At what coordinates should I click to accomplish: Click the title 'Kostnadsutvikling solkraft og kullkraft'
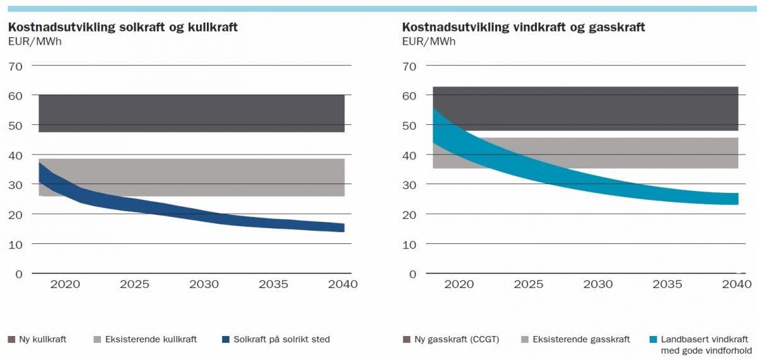click(122, 27)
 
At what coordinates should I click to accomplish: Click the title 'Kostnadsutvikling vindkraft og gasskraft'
click(524, 27)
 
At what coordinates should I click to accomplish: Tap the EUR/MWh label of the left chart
click(34, 42)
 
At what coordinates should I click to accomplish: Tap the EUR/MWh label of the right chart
click(429, 42)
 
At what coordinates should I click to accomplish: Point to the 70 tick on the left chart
click(15, 66)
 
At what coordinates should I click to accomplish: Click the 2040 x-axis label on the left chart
click(343, 284)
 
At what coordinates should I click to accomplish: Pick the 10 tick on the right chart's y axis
click(409, 244)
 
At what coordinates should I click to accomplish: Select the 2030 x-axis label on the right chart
click(597, 284)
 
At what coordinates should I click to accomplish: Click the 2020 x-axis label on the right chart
click(459, 284)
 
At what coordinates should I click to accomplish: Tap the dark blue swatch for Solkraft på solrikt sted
click(225, 340)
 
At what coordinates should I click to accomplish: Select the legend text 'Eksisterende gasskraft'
click(581, 340)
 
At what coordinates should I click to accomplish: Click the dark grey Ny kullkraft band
click(189, 113)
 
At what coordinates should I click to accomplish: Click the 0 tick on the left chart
click(18, 274)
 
